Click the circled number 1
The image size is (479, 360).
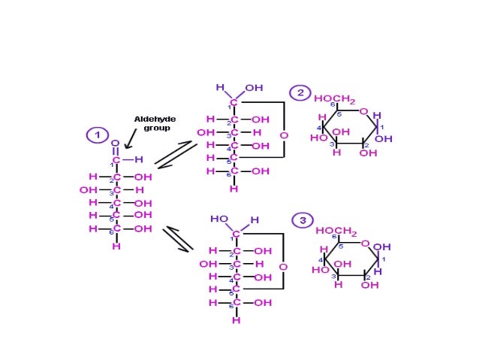click(x=97, y=135)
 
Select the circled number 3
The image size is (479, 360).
click(x=302, y=220)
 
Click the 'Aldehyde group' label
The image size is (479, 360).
click(x=150, y=123)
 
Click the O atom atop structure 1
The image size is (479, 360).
click(x=115, y=143)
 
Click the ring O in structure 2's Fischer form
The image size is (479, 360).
click(x=283, y=135)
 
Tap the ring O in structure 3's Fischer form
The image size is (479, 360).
click(x=282, y=267)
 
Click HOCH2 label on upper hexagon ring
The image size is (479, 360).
click(x=335, y=99)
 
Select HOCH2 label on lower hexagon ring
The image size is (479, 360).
click(x=336, y=230)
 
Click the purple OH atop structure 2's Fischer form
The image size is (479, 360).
click(x=254, y=87)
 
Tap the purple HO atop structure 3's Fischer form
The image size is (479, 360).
click(x=219, y=219)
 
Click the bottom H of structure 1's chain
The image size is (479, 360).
click(x=116, y=246)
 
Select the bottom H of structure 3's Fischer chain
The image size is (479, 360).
click(x=236, y=319)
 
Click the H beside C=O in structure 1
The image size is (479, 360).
click(x=140, y=159)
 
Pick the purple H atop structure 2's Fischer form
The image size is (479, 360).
click(x=220, y=87)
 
